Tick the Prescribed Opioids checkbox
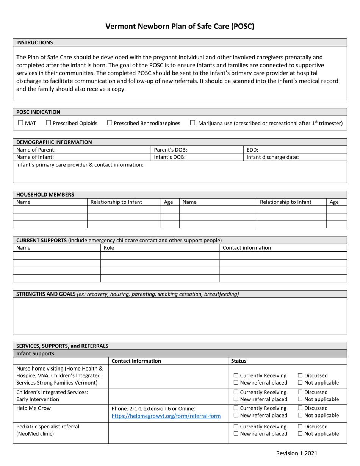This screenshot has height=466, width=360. [49, 123]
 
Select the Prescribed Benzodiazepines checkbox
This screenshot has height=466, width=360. [110, 123]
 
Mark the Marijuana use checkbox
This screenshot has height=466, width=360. [193, 123]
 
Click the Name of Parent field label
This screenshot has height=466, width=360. [36, 150]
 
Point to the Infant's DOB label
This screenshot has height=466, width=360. [170, 157]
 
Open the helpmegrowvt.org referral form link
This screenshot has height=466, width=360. [166, 416]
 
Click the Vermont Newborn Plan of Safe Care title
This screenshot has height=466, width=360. [180, 27]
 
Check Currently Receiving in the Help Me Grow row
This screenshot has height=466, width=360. [236, 408]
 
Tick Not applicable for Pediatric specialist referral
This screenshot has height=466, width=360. [300, 434]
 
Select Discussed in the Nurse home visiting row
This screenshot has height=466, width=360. [300, 375]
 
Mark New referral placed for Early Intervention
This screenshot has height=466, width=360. [236, 399]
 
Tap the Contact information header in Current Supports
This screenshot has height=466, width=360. [247, 248]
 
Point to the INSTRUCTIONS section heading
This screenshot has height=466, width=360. [34, 42]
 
